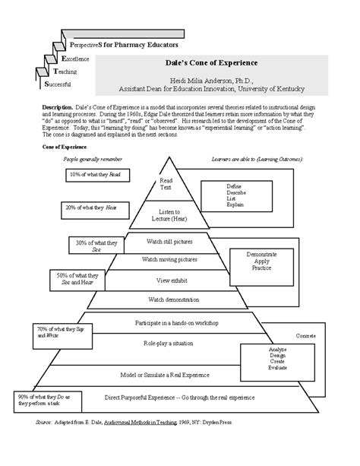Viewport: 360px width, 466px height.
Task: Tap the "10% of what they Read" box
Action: point(96,175)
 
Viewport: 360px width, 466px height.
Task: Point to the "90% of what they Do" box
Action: point(43,398)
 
